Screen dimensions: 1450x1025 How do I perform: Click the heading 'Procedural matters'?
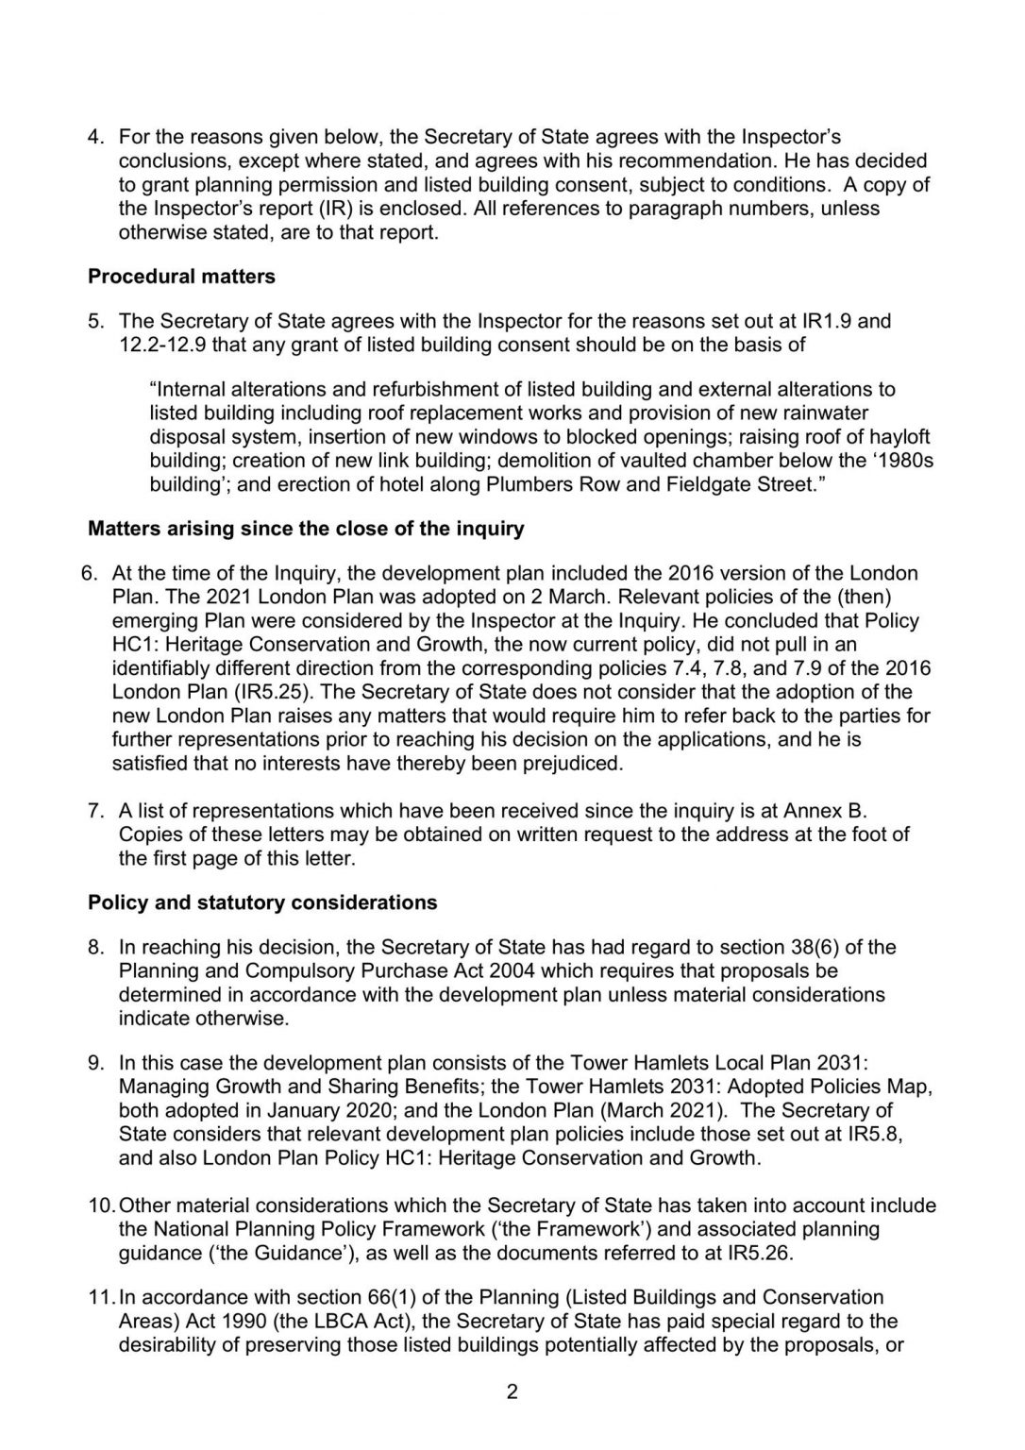(x=181, y=277)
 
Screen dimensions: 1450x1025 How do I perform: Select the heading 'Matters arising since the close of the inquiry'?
(x=306, y=529)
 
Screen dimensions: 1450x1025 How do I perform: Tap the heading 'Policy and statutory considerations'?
(x=262, y=902)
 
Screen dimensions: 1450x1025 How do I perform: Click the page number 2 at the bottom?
(x=512, y=1391)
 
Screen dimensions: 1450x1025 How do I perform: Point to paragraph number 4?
(x=94, y=136)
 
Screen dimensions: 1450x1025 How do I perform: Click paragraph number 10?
(x=100, y=1206)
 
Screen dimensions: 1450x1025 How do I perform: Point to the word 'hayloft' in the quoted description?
(x=899, y=436)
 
